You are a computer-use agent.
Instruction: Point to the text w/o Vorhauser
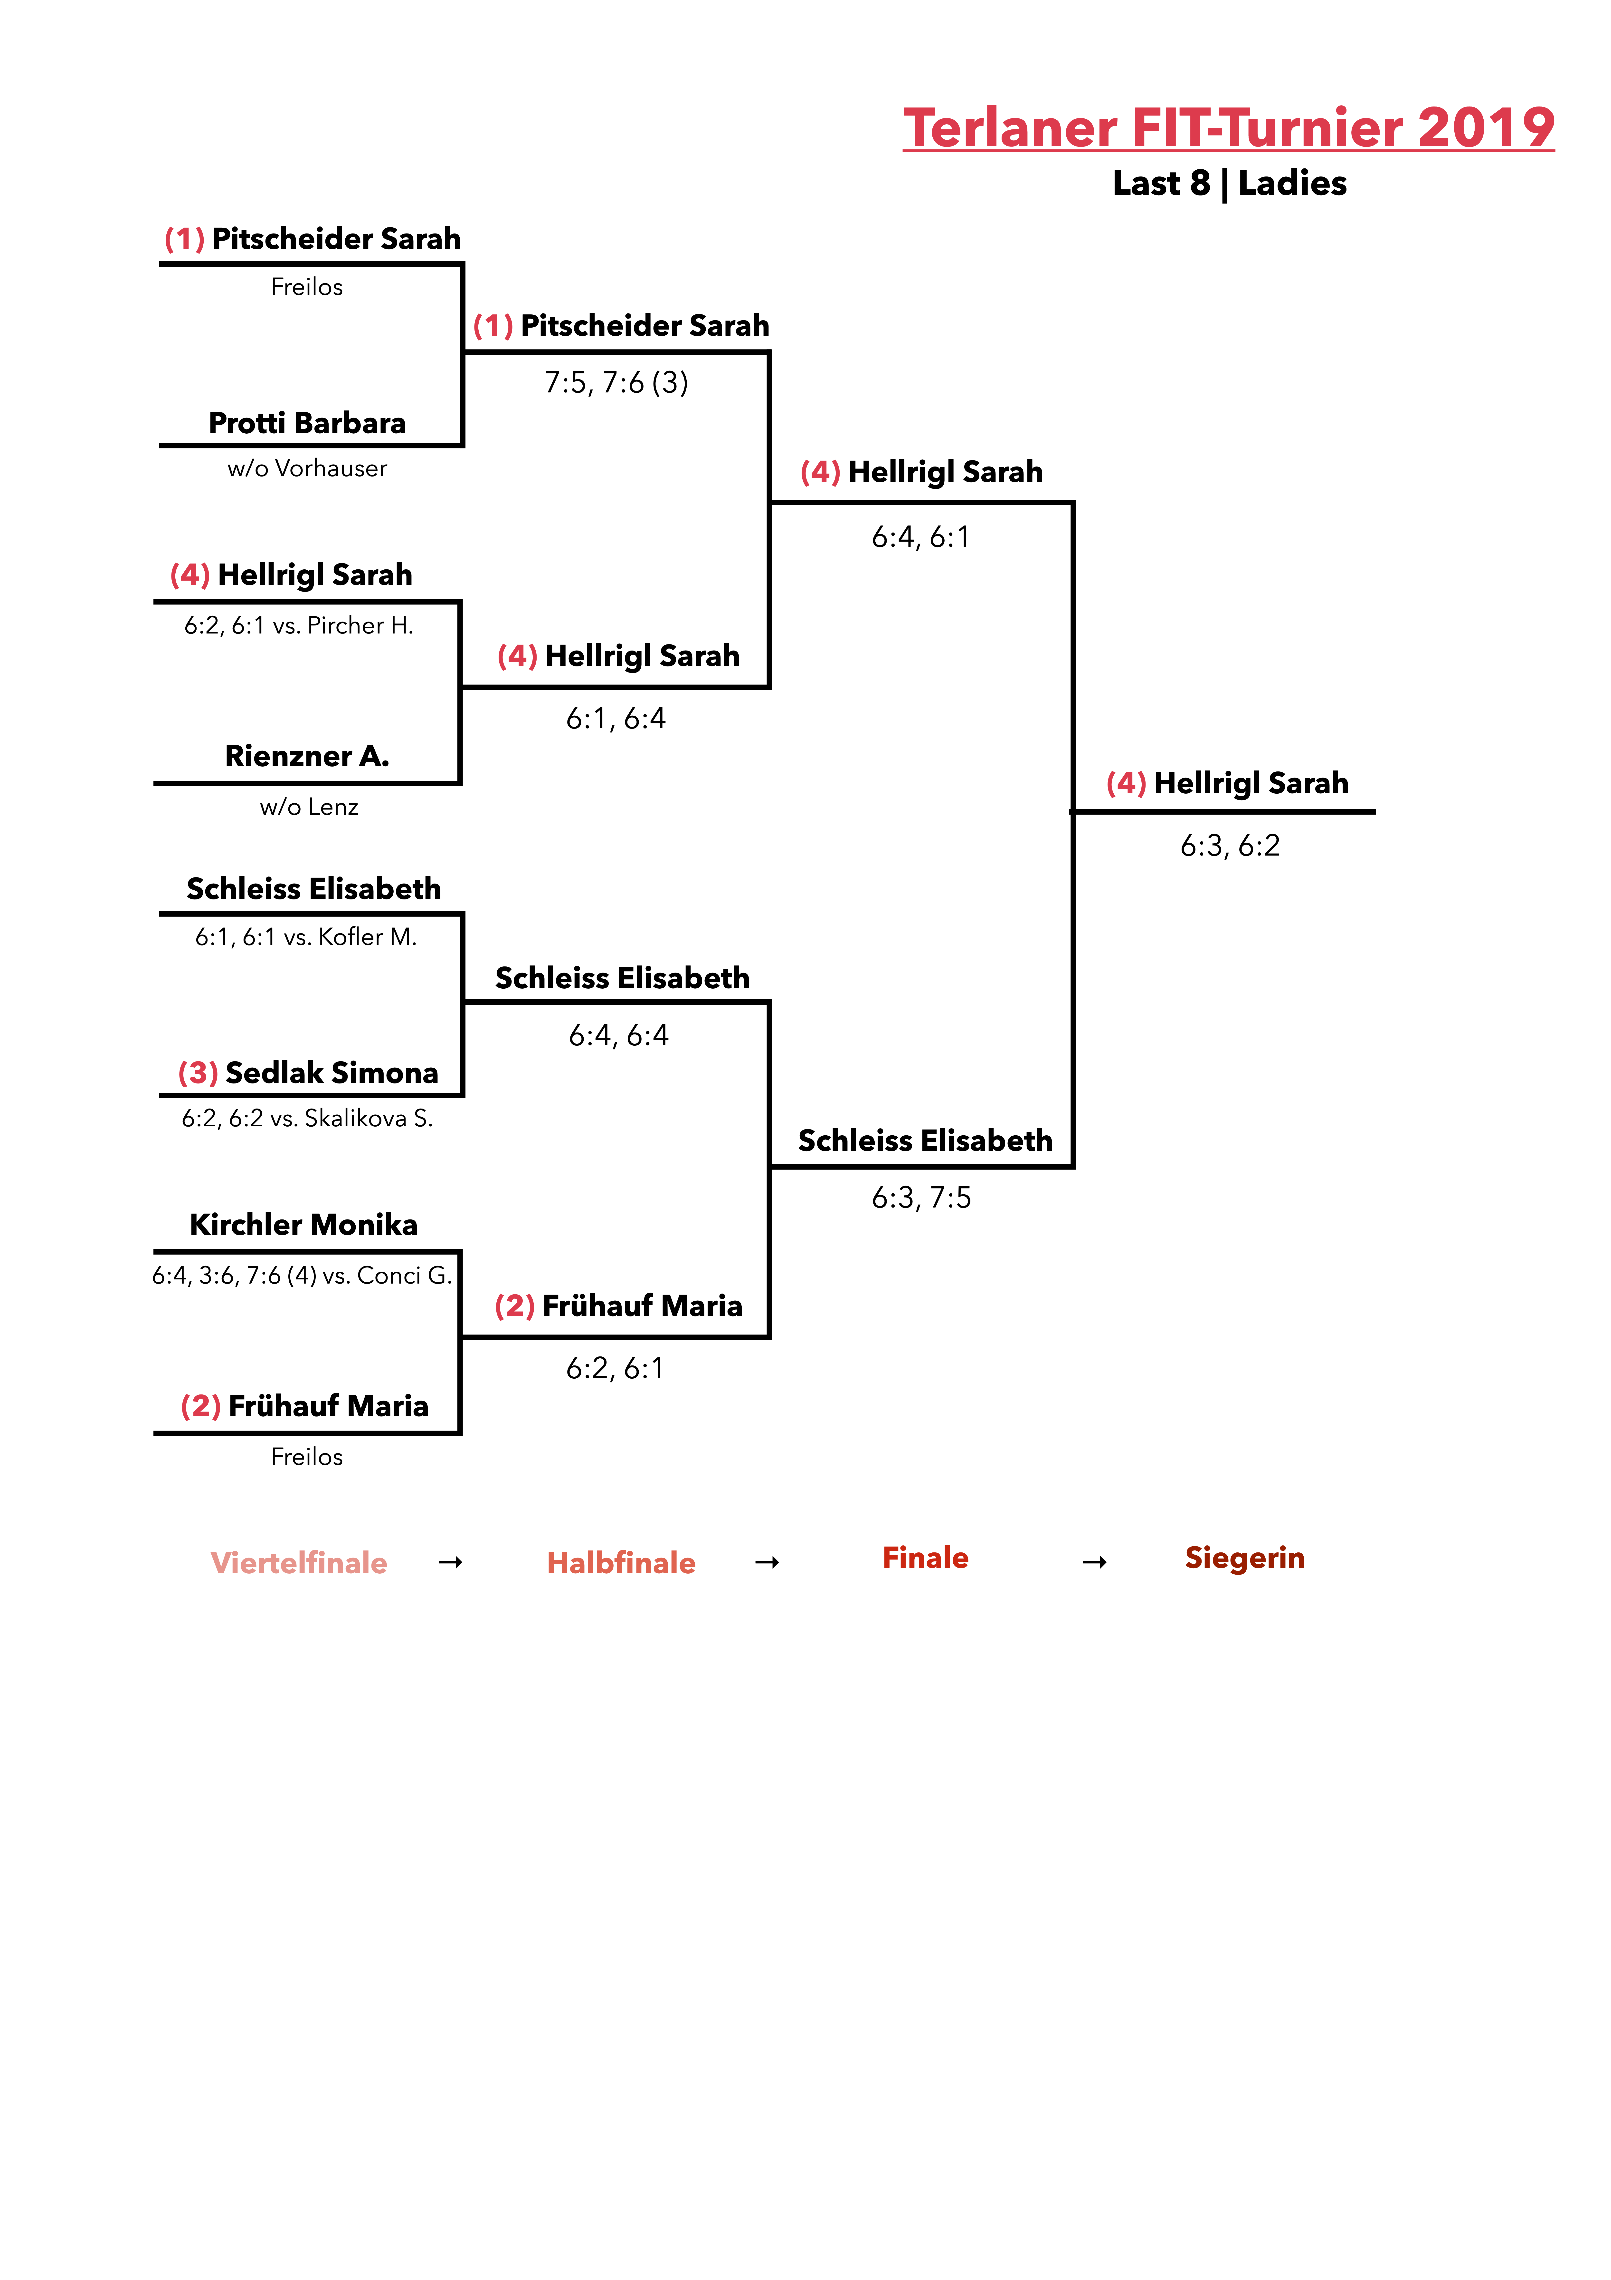(308, 469)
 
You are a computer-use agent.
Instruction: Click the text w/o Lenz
(309, 807)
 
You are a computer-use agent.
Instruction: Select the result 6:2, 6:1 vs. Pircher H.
(299, 626)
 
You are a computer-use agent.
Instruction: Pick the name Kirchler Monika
(304, 1224)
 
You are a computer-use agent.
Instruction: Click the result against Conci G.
(302, 1276)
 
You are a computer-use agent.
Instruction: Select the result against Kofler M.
(306, 937)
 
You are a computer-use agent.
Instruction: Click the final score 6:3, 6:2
(1230, 846)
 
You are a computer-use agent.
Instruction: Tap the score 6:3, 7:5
(921, 1198)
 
